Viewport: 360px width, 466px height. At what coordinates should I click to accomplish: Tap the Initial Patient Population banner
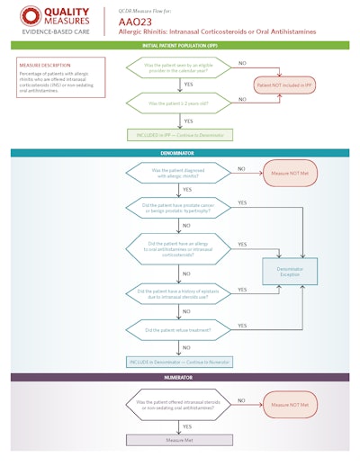pos(179,45)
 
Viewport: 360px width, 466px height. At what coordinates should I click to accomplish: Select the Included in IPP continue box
pos(179,134)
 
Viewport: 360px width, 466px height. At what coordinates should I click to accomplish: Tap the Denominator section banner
pos(179,153)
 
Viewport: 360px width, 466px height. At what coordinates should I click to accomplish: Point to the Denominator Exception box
pos(288,268)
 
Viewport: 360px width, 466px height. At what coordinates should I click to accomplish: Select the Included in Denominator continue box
pos(179,361)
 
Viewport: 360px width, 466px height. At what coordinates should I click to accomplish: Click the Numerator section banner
pos(179,379)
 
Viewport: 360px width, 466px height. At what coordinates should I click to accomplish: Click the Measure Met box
pos(179,440)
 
